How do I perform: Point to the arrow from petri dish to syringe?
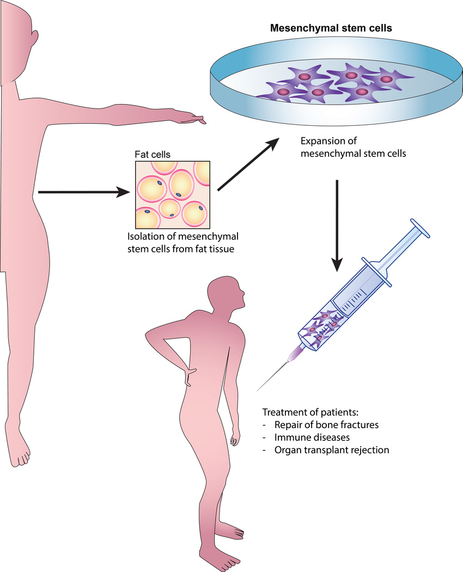pyautogui.click(x=338, y=223)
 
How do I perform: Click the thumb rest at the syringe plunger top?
pyautogui.click(x=420, y=228)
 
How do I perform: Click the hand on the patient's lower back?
pyautogui.click(x=190, y=375)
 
